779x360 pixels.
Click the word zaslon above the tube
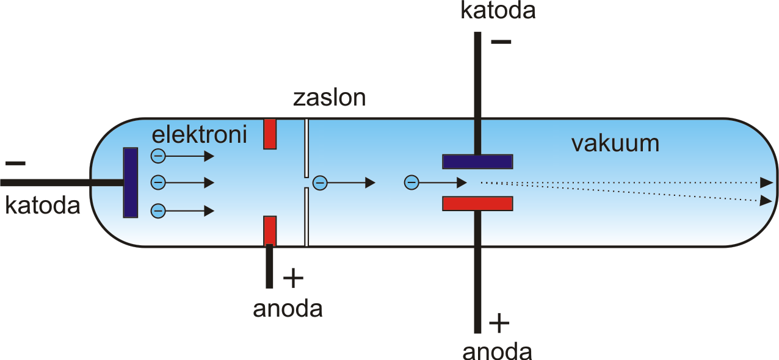click(x=329, y=98)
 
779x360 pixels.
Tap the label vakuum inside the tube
click(x=615, y=143)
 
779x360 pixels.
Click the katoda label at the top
click(x=498, y=10)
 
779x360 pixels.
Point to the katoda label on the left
click(x=42, y=206)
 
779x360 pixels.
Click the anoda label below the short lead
click(x=288, y=309)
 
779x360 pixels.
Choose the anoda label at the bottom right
click(x=498, y=351)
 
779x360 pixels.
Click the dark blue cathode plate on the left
click(x=131, y=183)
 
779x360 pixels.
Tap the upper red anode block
click(x=270, y=134)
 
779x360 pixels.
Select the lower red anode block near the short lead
click(x=270, y=231)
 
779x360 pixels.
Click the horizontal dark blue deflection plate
click(x=477, y=162)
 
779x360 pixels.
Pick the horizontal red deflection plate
click(x=477, y=204)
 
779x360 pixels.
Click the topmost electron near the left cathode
click(x=158, y=156)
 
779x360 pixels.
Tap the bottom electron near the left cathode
click(x=158, y=211)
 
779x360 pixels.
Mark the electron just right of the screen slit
click(x=320, y=183)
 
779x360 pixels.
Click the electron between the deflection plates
click(x=411, y=182)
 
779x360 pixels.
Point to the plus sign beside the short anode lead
click(x=294, y=278)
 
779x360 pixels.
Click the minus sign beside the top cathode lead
click(x=501, y=42)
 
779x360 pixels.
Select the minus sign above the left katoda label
click(x=15, y=164)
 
